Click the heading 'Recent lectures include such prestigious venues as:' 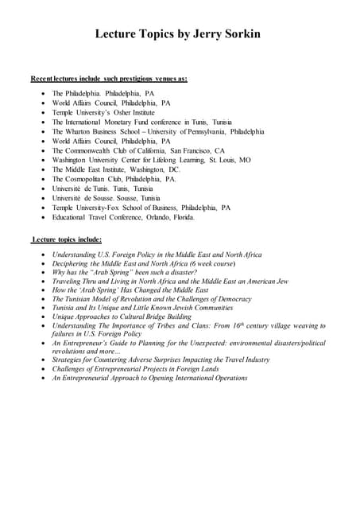coord(109,80)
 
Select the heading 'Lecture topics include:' coord(67,239)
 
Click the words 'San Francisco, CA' coord(197,150)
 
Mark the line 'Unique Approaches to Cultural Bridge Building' coord(122,316)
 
